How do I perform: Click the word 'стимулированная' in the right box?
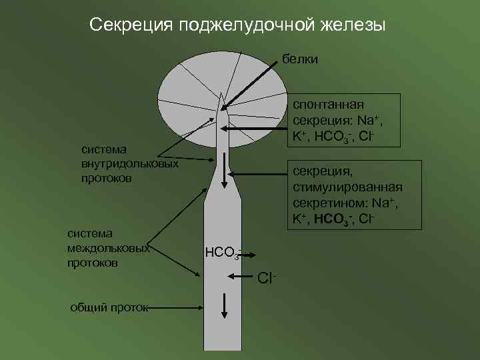[347, 187]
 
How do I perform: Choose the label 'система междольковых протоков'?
[107, 248]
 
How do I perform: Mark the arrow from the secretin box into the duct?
[259, 175]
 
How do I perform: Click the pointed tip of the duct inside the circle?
[222, 97]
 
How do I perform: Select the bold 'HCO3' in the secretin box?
[331, 218]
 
